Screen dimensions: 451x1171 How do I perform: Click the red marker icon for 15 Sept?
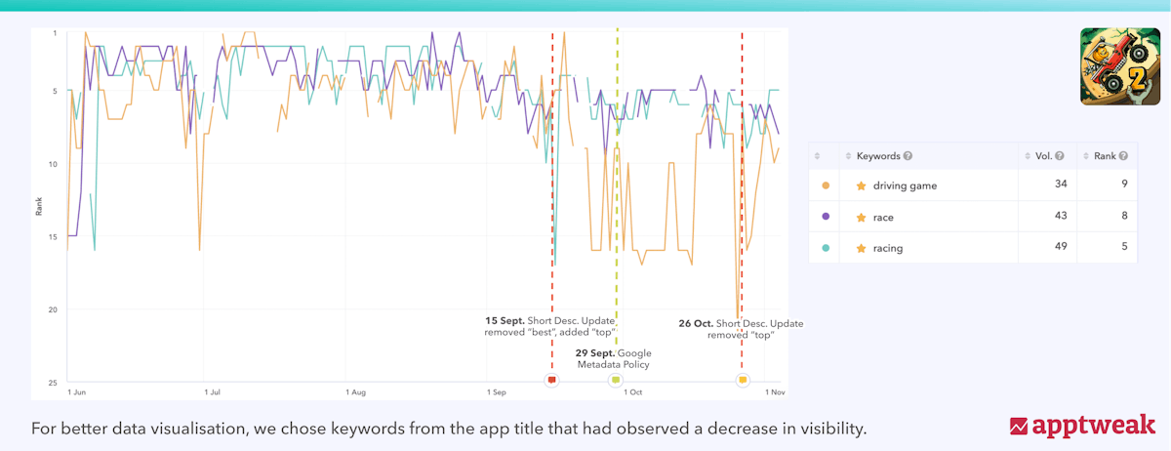pos(552,380)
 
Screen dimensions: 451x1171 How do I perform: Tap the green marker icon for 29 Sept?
pos(616,380)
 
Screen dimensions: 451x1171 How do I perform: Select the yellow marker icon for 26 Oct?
pos(743,380)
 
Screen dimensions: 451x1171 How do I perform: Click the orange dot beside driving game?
pos(827,185)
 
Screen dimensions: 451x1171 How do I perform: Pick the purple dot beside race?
pos(827,217)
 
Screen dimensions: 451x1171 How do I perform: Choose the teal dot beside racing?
pos(827,248)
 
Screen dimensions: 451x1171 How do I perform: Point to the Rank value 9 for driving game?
pos(1124,185)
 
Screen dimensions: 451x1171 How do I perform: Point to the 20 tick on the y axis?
pos(54,309)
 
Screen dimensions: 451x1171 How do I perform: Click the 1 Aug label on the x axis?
pos(355,392)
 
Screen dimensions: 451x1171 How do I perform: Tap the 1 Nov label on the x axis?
pos(773,392)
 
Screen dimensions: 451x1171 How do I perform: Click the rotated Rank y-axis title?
pos(39,207)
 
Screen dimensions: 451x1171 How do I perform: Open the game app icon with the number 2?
pos(1118,66)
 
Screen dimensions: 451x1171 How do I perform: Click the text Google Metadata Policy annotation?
pos(614,358)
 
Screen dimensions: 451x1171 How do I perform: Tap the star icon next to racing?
pos(861,248)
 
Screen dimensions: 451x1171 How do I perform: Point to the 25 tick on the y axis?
pos(54,382)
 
